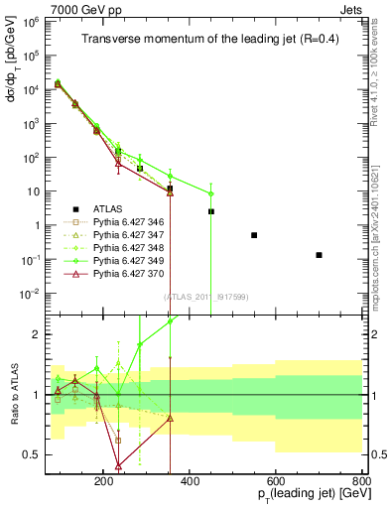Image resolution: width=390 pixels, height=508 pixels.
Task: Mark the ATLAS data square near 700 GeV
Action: pyautogui.click(x=319, y=255)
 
